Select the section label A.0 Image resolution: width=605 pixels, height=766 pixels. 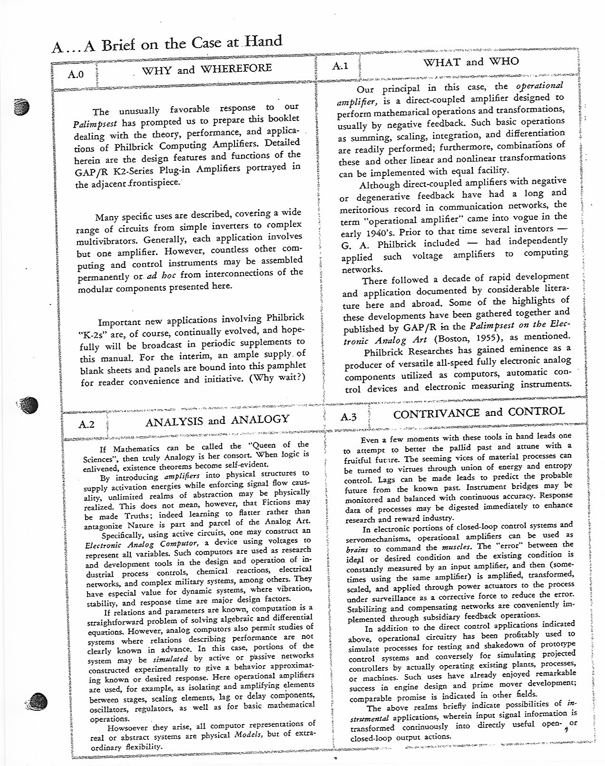[x=76, y=74]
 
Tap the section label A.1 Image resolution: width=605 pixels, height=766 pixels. [x=341, y=66]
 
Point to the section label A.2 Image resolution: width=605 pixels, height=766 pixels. [x=87, y=424]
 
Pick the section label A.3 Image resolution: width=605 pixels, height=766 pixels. [x=349, y=417]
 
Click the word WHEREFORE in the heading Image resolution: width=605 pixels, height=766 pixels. [x=236, y=69]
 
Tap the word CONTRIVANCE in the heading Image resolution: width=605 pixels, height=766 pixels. [x=437, y=413]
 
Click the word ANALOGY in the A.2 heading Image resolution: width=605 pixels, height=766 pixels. [x=260, y=420]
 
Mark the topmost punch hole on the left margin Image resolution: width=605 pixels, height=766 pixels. [x=22, y=107]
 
